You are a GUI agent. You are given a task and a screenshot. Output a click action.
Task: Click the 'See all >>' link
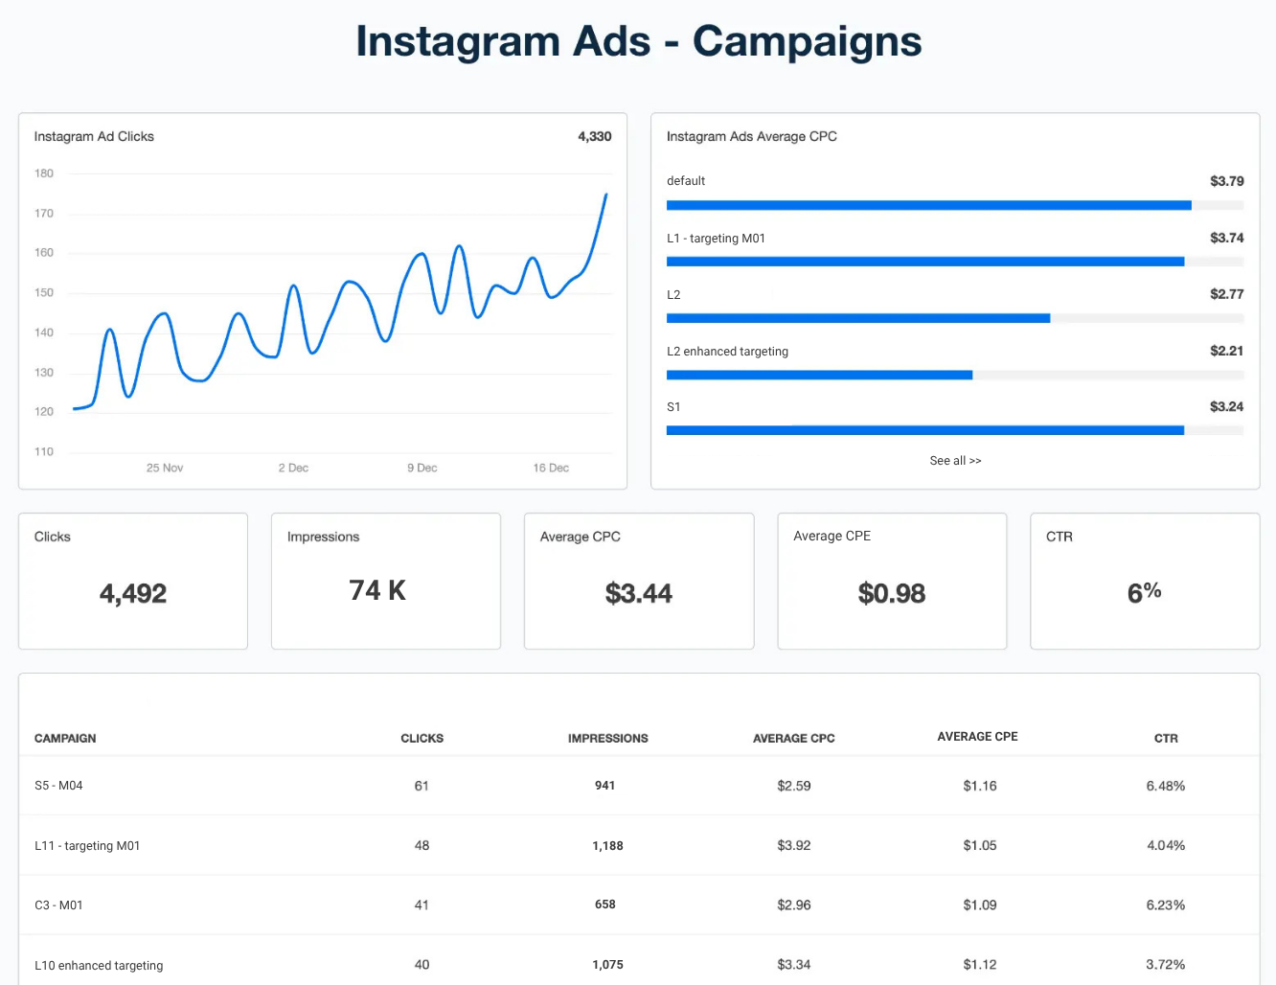955,461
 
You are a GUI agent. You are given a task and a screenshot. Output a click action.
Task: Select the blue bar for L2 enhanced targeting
819,375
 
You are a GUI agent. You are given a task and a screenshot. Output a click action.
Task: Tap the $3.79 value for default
1226,181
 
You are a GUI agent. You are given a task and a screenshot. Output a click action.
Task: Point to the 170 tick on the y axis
44,214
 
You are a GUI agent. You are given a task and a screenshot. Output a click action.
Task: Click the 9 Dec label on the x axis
422,469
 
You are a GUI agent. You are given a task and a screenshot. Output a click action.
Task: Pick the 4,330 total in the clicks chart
594,137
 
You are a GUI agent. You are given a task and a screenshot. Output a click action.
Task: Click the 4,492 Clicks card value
133,594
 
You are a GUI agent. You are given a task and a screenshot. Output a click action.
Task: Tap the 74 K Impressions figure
377,591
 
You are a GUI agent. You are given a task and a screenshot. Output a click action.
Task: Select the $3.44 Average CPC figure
639,594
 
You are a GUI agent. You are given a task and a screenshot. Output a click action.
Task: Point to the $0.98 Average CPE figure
892,594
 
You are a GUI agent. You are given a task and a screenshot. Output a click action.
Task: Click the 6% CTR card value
1144,592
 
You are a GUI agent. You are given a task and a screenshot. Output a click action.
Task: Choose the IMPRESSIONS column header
607,739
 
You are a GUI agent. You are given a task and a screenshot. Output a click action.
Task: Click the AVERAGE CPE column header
977,737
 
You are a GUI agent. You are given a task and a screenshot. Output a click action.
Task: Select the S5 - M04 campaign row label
58,786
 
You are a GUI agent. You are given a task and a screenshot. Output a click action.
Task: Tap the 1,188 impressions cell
607,846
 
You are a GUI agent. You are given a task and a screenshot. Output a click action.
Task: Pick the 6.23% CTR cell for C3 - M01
1165,905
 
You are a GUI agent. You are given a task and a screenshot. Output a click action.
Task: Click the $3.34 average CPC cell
794,965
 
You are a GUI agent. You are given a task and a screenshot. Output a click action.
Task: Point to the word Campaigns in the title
807,42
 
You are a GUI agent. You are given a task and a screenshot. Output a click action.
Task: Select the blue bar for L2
857,318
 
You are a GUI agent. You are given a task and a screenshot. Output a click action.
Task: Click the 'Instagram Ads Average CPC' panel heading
752,137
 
